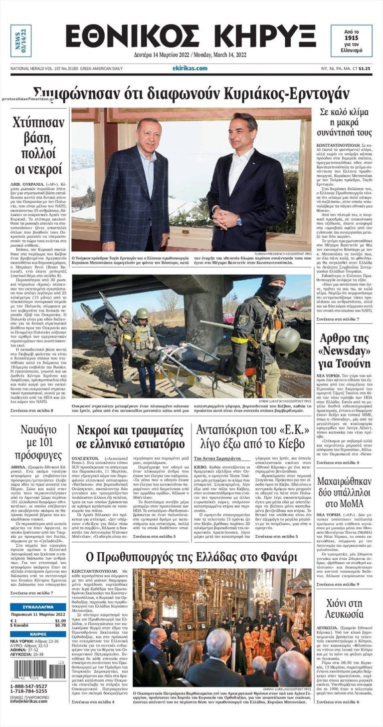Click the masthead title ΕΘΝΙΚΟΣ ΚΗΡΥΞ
point(191,36)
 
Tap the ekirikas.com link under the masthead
point(190,68)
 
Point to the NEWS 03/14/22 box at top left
point(20,40)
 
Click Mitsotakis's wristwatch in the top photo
point(239,220)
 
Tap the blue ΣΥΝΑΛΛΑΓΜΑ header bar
point(38,607)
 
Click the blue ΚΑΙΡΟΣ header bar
point(38,634)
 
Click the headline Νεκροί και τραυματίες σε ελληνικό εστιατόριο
point(130,437)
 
